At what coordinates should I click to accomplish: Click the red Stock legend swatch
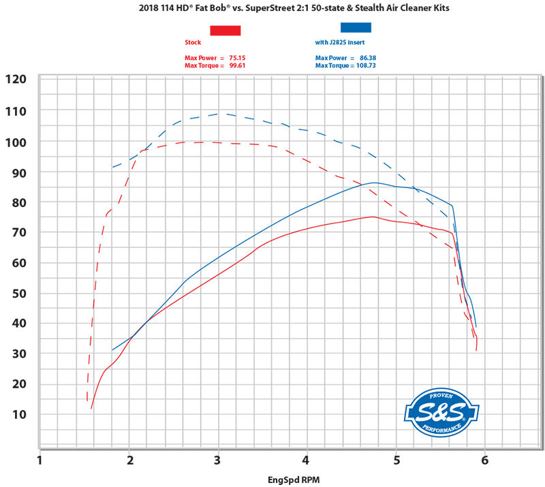tap(225, 30)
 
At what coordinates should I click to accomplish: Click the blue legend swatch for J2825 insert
tap(356, 28)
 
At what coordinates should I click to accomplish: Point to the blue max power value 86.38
tap(368, 59)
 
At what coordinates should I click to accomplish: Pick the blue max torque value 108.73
tap(371, 66)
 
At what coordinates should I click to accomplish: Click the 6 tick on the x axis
tap(484, 461)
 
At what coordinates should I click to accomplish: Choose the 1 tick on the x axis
tap(40, 461)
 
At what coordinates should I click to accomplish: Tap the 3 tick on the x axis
tap(218, 461)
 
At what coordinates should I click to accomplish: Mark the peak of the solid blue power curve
tap(374, 183)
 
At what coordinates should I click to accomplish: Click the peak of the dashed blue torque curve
tap(218, 114)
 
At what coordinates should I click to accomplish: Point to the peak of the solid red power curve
tap(372, 217)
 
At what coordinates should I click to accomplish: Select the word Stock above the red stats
tap(193, 42)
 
